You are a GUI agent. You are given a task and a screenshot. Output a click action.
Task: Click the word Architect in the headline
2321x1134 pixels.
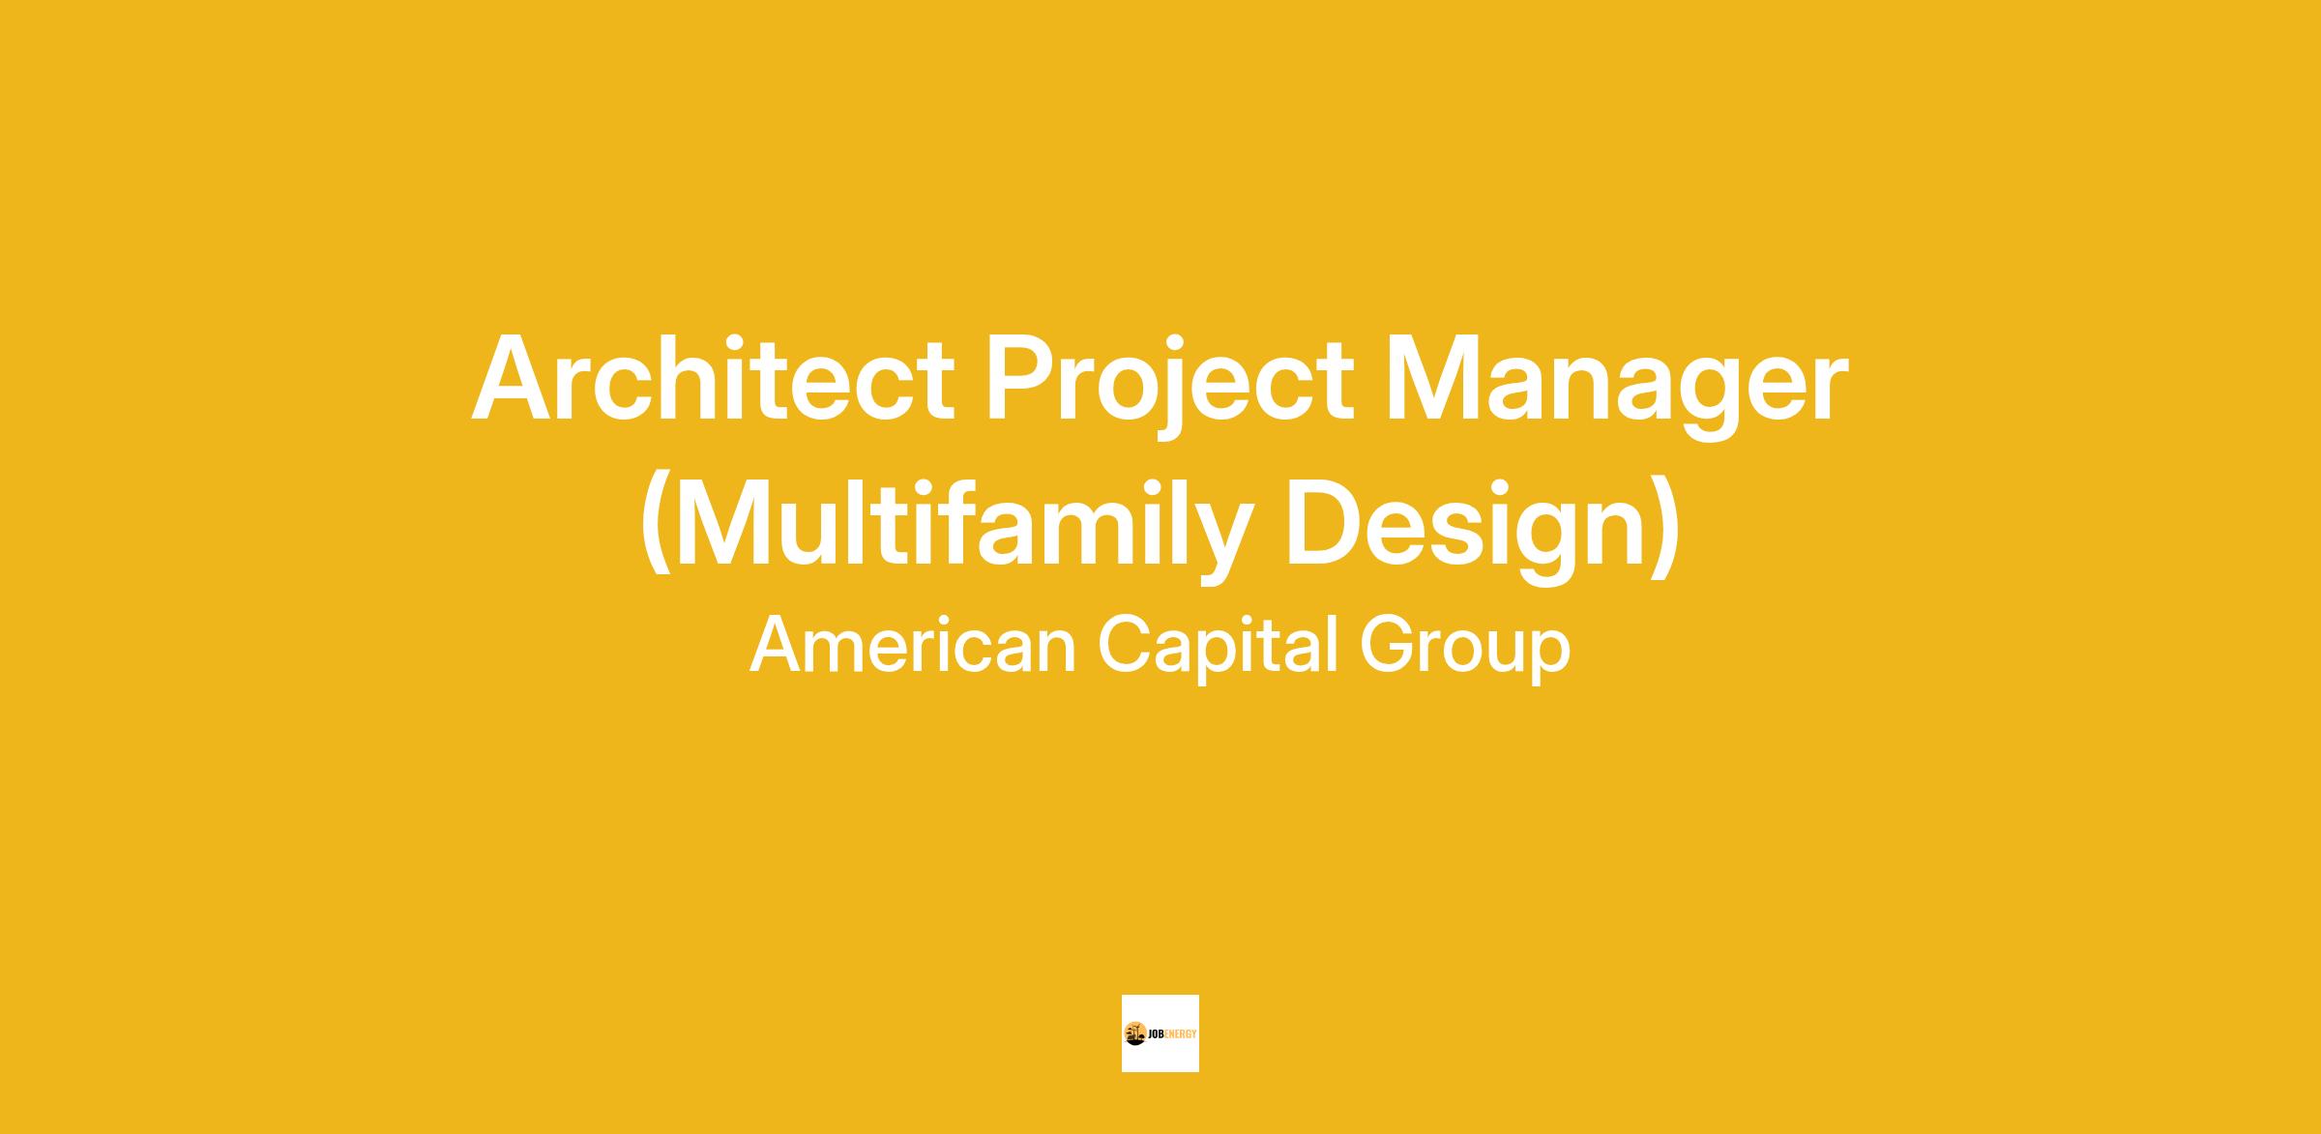tap(713, 378)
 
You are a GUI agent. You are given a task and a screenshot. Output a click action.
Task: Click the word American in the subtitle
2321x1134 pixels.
tap(913, 645)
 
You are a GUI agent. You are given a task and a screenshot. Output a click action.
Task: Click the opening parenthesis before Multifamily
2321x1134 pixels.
tap(656, 527)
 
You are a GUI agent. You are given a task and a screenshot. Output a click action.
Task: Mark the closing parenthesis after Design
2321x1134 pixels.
tap(1663, 527)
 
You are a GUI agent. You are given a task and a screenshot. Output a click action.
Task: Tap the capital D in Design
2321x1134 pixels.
tap(1326, 523)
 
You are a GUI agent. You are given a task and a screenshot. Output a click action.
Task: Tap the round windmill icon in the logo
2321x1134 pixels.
tap(1135, 1033)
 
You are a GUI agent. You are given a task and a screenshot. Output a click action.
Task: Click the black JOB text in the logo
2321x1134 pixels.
tap(1156, 1034)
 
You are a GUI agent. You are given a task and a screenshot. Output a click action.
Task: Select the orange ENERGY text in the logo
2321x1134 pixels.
tap(1181, 1034)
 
